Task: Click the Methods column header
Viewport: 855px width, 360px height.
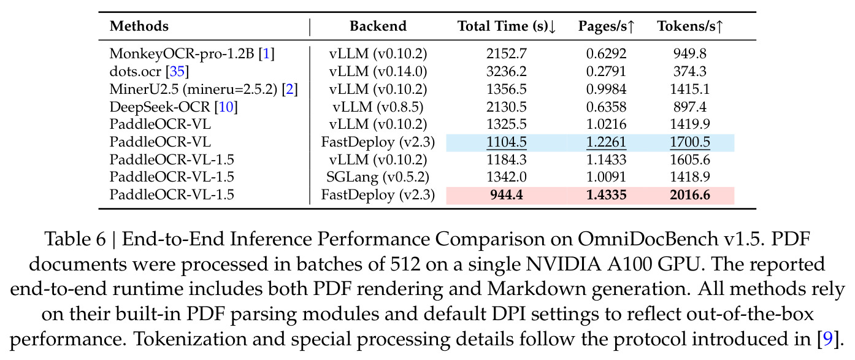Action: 139,26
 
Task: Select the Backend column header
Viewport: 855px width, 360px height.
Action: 378,26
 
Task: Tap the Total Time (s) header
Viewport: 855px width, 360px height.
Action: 507,26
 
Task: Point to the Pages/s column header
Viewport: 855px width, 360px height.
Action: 606,26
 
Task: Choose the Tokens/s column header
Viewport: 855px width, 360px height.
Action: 690,26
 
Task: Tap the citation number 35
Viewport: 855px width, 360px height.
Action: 177,71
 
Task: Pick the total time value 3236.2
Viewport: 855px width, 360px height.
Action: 507,71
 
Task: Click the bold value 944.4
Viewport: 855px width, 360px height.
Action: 507,195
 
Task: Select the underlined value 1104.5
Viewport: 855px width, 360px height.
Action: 507,142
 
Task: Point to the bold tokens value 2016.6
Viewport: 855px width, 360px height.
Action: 690,195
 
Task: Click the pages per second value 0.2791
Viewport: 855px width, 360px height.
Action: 606,71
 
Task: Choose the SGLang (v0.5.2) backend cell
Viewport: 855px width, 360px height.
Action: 378,177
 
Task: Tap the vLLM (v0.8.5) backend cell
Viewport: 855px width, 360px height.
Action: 378,107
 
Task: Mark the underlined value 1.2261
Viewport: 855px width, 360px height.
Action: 606,142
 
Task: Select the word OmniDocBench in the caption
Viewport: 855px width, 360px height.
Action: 648,239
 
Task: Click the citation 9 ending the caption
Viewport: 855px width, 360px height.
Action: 827,339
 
